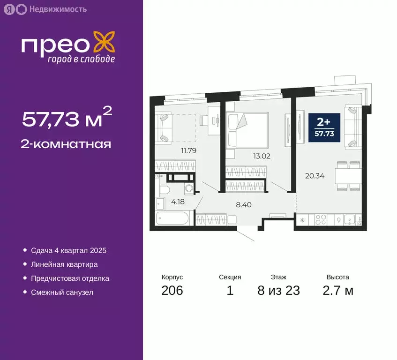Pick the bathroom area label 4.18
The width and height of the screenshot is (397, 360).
(x=178, y=202)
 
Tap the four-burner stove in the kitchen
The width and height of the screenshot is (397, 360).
(x=322, y=219)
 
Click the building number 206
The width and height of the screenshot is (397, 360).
(x=172, y=291)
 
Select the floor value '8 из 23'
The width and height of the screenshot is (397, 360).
(x=278, y=291)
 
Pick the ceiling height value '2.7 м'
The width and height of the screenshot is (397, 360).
(x=337, y=291)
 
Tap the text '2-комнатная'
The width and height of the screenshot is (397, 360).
(x=67, y=143)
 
